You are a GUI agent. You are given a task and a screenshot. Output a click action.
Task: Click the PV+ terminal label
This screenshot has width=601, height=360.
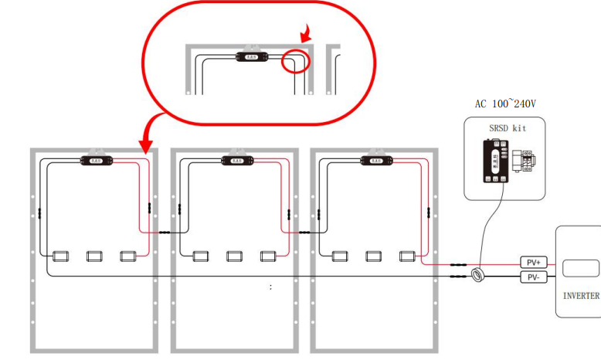(x=532, y=263)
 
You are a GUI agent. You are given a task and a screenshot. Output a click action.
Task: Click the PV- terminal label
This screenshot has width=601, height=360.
(x=532, y=277)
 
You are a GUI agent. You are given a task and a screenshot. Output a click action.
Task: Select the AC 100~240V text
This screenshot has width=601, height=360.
(x=505, y=103)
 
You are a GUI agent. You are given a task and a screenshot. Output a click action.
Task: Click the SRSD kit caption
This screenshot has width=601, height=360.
(x=508, y=127)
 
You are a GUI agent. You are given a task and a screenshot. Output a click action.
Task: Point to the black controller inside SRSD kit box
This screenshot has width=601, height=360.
(x=493, y=161)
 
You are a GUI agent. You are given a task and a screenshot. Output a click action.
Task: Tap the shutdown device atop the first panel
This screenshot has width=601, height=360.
(x=97, y=161)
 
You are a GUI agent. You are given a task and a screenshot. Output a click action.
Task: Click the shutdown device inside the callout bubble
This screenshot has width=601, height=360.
(x=252, y=56)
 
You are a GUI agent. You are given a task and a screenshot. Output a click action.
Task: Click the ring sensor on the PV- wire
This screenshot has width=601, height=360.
(x=479, y=274)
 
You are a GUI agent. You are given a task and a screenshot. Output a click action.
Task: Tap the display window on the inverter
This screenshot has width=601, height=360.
(x=580, y=269)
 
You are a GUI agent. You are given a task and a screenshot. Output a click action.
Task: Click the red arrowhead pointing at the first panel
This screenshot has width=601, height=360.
(x=144, y=146)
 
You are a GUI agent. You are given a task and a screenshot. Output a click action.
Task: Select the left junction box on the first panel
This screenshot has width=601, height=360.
(x=61, y=256)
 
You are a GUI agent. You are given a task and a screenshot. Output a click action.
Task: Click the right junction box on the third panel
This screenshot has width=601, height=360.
(x=407, y=256)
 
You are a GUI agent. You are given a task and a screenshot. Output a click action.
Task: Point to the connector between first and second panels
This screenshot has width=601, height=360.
(x=164, y=232)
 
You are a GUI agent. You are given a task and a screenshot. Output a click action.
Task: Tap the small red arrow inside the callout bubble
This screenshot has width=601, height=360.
(x=306, y=32)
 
